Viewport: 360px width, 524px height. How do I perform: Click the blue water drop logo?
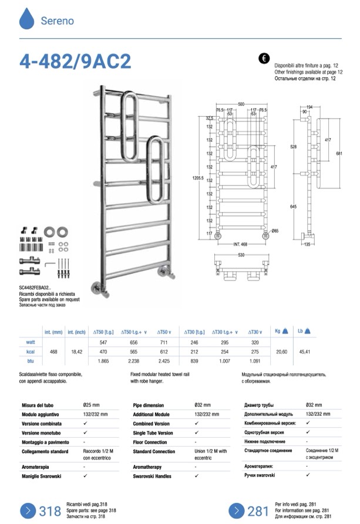(27, 19)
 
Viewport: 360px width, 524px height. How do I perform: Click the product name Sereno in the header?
(57, 21)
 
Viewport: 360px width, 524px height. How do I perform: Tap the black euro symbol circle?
(264, 58)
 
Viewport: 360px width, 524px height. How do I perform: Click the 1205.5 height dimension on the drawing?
(200, 177)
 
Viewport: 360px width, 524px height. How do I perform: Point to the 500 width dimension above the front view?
(241, 104)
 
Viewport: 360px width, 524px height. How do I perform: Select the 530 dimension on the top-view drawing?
(241, 256)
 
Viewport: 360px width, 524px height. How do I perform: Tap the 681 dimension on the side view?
(338, 153)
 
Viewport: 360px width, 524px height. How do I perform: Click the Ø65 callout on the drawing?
(275, 231)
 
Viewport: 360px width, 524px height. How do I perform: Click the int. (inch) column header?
(77, 332)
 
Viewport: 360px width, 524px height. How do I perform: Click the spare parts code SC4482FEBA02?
(35, 288)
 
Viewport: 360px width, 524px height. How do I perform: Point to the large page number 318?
(50, 510)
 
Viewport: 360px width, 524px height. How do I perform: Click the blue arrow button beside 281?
(236, 510)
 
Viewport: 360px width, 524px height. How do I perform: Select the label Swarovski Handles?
(152, 476)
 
